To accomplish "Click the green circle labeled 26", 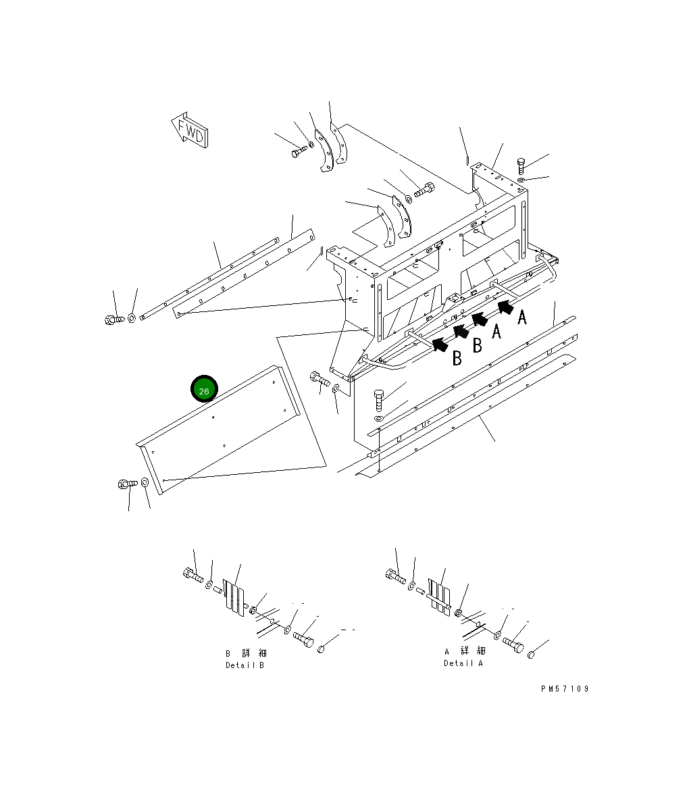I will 204,389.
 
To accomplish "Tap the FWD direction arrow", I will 190,130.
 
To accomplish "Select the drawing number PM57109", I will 565,689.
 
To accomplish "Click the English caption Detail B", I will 245,665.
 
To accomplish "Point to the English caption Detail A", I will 463,663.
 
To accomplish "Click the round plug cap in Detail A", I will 532,654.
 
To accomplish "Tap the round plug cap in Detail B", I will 322,648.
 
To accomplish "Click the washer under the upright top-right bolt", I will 522,179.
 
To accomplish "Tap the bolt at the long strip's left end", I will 112,319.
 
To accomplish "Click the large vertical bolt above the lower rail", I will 378,401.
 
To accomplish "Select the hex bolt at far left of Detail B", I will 192,574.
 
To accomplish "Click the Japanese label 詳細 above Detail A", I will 474,650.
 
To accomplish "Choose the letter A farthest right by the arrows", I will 521,317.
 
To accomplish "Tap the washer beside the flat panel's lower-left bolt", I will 145,484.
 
